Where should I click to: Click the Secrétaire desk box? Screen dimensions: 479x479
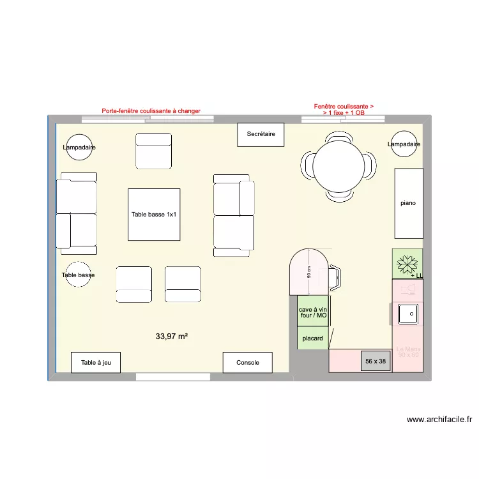tap(261, 134)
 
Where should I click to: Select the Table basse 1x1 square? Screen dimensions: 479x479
tap(153, 215)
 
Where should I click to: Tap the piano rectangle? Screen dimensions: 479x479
tap(408, 203)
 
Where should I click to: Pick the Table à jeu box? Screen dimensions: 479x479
tap(96, 363)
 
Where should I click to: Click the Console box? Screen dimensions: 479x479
tap(248, 363)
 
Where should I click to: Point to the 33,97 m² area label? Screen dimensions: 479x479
tap(171, 336)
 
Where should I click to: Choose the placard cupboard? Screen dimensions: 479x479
tap(313, 338)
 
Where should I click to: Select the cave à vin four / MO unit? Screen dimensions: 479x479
tap(313, 312)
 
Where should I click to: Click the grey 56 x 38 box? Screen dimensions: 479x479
tap(376, 361)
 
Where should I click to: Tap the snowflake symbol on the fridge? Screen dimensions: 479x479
tap(407, 263)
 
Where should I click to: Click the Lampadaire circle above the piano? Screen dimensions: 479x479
tap(404, 144)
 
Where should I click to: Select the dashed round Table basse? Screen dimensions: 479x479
tap(79, 275)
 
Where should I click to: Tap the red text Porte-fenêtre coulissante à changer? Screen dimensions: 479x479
tap(151, 111)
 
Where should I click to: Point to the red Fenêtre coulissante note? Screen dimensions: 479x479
tap(344, 109)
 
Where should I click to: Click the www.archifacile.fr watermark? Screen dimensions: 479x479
tap(439, 420)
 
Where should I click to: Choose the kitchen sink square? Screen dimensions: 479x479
tap(407, 313)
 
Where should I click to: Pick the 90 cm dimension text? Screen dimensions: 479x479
tap(309, 273)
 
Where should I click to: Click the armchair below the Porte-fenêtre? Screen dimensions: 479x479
tap(153, 150)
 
